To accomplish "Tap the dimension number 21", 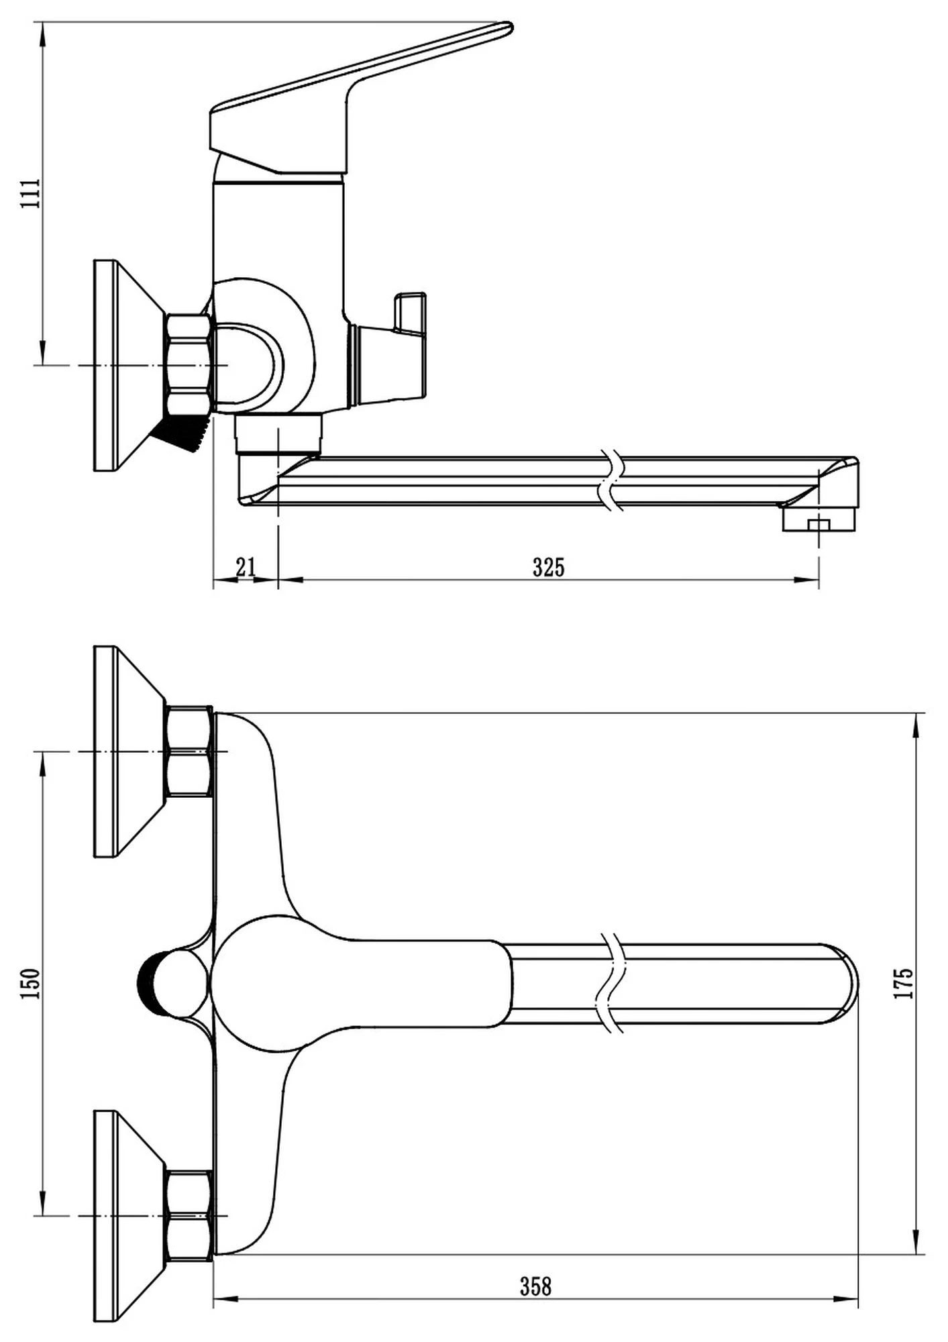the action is [x=246, y=567].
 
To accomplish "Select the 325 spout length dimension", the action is [x=549, y=568].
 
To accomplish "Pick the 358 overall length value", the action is [x=536, y=1286].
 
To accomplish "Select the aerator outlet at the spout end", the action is [x=819, y=521].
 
